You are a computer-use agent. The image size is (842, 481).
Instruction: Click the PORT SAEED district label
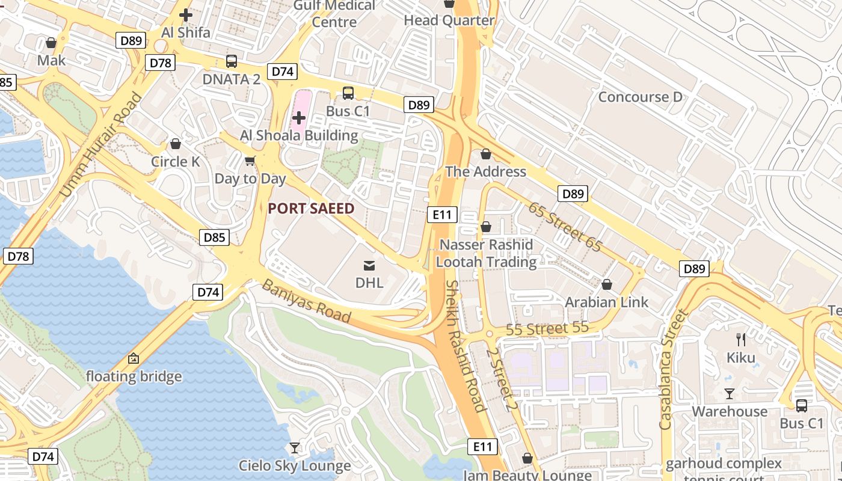pyautogui.click(x=311, y=209)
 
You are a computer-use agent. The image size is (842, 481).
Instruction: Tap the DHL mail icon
pyautogui.click(x=369, y=265)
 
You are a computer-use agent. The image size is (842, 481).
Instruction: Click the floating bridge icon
pyautogui.click(x=134, y=359)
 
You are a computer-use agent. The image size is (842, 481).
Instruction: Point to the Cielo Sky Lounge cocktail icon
pyautogui.click(x=295, y=447)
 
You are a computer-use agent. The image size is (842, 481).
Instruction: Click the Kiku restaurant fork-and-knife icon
pyautogui.click(x=741, y=340)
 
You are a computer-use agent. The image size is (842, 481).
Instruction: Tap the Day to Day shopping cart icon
pyautogui.click(x=250, y=161)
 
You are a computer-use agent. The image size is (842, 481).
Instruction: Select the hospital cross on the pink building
pyautogui.click(x=298, y=118)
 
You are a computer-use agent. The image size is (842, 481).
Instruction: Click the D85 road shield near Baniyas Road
pyautogui.click(x=215, y=237)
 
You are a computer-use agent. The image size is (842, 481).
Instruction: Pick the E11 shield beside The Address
pyautogui.click(x=443, y=215)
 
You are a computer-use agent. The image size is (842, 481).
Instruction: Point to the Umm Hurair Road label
pyautogui.click(x=101, y=144)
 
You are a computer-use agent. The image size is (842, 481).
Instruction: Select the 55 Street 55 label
pyautogui.click(x=547, y=329)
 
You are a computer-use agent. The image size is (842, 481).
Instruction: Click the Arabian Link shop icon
pyautogui.click(x=607, y=284)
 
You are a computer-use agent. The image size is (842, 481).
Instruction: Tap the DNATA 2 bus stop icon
pyautogui.click(x=232, y=61)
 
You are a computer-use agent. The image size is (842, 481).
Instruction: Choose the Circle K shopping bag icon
pyautogui.click(x=176, y=144)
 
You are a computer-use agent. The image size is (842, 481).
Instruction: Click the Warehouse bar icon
pyautogui.click(x=730, y=394)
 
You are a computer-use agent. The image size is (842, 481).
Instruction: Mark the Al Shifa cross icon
pyautogui.click(x=186, y=14)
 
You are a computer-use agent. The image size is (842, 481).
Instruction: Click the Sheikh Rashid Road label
pyautogui.click(x=466, y=346)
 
